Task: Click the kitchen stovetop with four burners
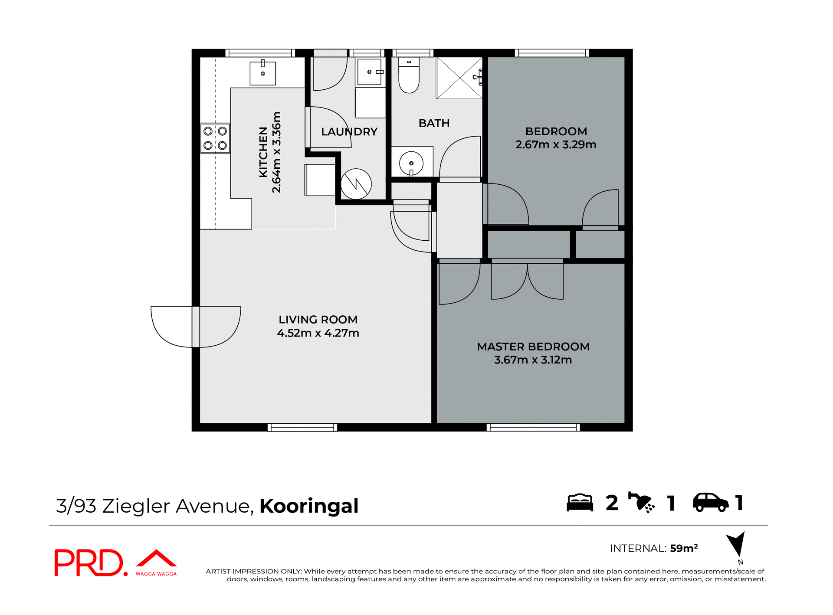(x=215, y=138)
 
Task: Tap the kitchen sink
(x=262, y=73)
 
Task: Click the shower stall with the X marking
(x=459, y=78)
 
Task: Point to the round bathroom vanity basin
(x=411, y=163)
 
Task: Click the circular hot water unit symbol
(x=356, y=184)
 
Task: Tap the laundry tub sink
(x=369, y=72)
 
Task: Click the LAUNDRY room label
(x=349, y=132)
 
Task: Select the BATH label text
(x=434, y=123)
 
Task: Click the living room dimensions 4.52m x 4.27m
(x=318, y=333)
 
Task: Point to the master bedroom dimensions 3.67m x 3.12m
(x=533, y=360)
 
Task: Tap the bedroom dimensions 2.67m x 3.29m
(x=555, y=145)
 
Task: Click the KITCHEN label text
(x=263, y=152)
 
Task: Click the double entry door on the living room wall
(x=196, y=327)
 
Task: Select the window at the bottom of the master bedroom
(x=533, y=427)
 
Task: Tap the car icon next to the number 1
(x=710, y=503)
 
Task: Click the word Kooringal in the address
(x=309, y=506)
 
